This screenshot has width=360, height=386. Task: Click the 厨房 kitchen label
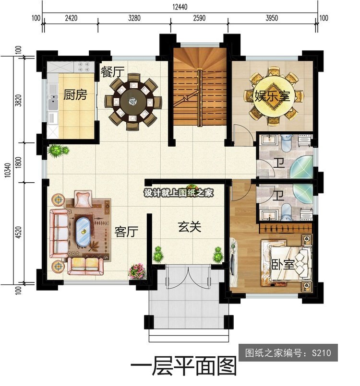click(75, 94)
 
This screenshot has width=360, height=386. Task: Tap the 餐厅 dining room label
click(112, 72)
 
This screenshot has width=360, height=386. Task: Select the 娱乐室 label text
click(272, 96)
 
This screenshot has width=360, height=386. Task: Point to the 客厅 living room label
click(126, 232)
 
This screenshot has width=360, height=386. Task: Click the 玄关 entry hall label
click(190, 227)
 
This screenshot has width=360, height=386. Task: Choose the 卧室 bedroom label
click(283, 264)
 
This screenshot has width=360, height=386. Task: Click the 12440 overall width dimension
click(180, 7)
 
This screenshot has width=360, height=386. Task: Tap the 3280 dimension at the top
click(134, 18)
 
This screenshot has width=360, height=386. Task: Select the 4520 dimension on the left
click(19, 232)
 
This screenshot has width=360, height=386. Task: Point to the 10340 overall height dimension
click(8, 170)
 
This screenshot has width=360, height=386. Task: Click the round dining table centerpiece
click(133, 101)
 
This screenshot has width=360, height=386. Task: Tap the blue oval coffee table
click(83, 231)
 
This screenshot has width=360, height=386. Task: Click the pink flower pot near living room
click(137, 271)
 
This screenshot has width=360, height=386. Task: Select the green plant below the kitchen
click(58, 151)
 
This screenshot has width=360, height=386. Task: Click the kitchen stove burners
click(84, 67)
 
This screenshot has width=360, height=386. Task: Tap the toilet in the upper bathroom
click(286, 143)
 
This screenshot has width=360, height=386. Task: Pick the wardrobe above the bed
click(286, 229)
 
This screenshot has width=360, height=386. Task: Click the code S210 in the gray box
click(321, 353)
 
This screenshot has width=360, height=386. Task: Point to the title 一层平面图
click(183, 367)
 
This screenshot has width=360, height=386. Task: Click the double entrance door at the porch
click(188, 277)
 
